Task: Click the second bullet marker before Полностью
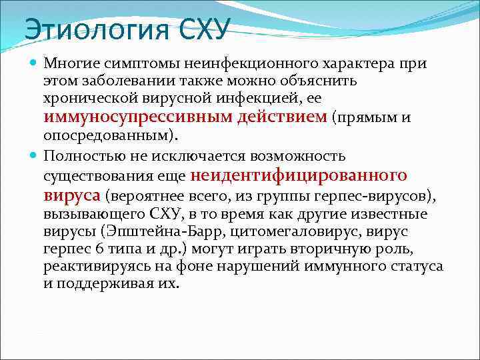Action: (x=34, y=157)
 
